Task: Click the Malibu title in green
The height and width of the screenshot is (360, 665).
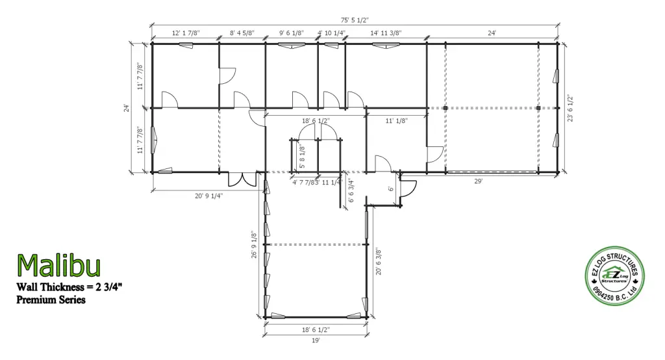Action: click(58, 266)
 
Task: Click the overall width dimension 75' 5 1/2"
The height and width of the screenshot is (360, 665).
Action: click(355, 19)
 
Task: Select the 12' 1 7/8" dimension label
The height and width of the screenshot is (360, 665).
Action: click(185, 32)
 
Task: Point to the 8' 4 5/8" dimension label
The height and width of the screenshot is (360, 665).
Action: click(242, 32)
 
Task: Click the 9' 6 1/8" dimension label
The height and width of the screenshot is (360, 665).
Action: click(291, 32)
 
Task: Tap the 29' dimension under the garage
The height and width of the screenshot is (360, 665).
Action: click(478, 182)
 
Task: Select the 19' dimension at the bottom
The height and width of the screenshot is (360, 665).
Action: click(316, 339)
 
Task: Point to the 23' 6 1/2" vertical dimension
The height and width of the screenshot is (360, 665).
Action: click(570, 109)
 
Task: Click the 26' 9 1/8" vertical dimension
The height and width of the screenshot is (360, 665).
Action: click(254, 245)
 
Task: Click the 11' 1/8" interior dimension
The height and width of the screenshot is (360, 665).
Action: click(395, 120)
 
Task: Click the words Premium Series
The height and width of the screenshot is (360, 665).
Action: click(51, 300)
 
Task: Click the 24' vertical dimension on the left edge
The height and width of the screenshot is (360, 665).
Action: click(127, 109)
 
